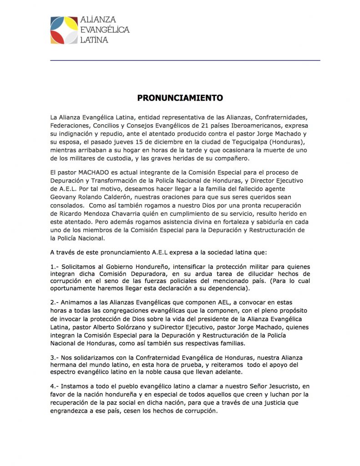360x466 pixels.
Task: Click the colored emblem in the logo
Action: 64,30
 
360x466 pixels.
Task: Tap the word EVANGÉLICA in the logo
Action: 104,30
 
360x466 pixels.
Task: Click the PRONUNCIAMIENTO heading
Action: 180,98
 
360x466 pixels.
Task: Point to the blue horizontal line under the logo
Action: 185,60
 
